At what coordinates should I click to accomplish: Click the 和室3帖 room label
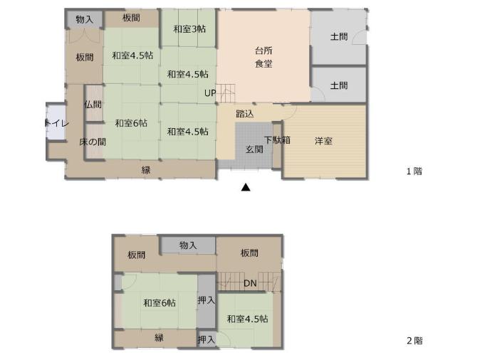click(x=189, y=29)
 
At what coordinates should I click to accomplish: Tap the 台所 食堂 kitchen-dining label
click(x=264, y=57)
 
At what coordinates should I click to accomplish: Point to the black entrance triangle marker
click(x=245, y=188)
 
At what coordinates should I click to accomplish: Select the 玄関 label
click(x=254, y=149)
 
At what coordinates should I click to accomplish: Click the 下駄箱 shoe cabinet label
click(x=277, y=140)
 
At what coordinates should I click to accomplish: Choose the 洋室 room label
click(x=324, y=141)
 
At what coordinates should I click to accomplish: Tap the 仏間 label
click(x=93, y=105)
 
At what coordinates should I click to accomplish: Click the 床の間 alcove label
click(x=93, y=142)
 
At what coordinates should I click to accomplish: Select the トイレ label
click(x=56, y=123)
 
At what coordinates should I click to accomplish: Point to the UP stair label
click(x=209, y=93)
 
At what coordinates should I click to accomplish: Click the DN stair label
click(x=249, y=283)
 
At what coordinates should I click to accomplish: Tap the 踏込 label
click(x=244, y=114)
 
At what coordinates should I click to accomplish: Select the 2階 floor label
click(x=414, y=340)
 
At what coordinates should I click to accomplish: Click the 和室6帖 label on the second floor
click(x=160, y=303)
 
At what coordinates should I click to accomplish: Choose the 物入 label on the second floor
click(x=187, y=245)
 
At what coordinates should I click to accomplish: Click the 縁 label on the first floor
click(x=145, y=169)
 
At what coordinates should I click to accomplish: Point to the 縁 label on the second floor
click(x=159, y=338)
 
